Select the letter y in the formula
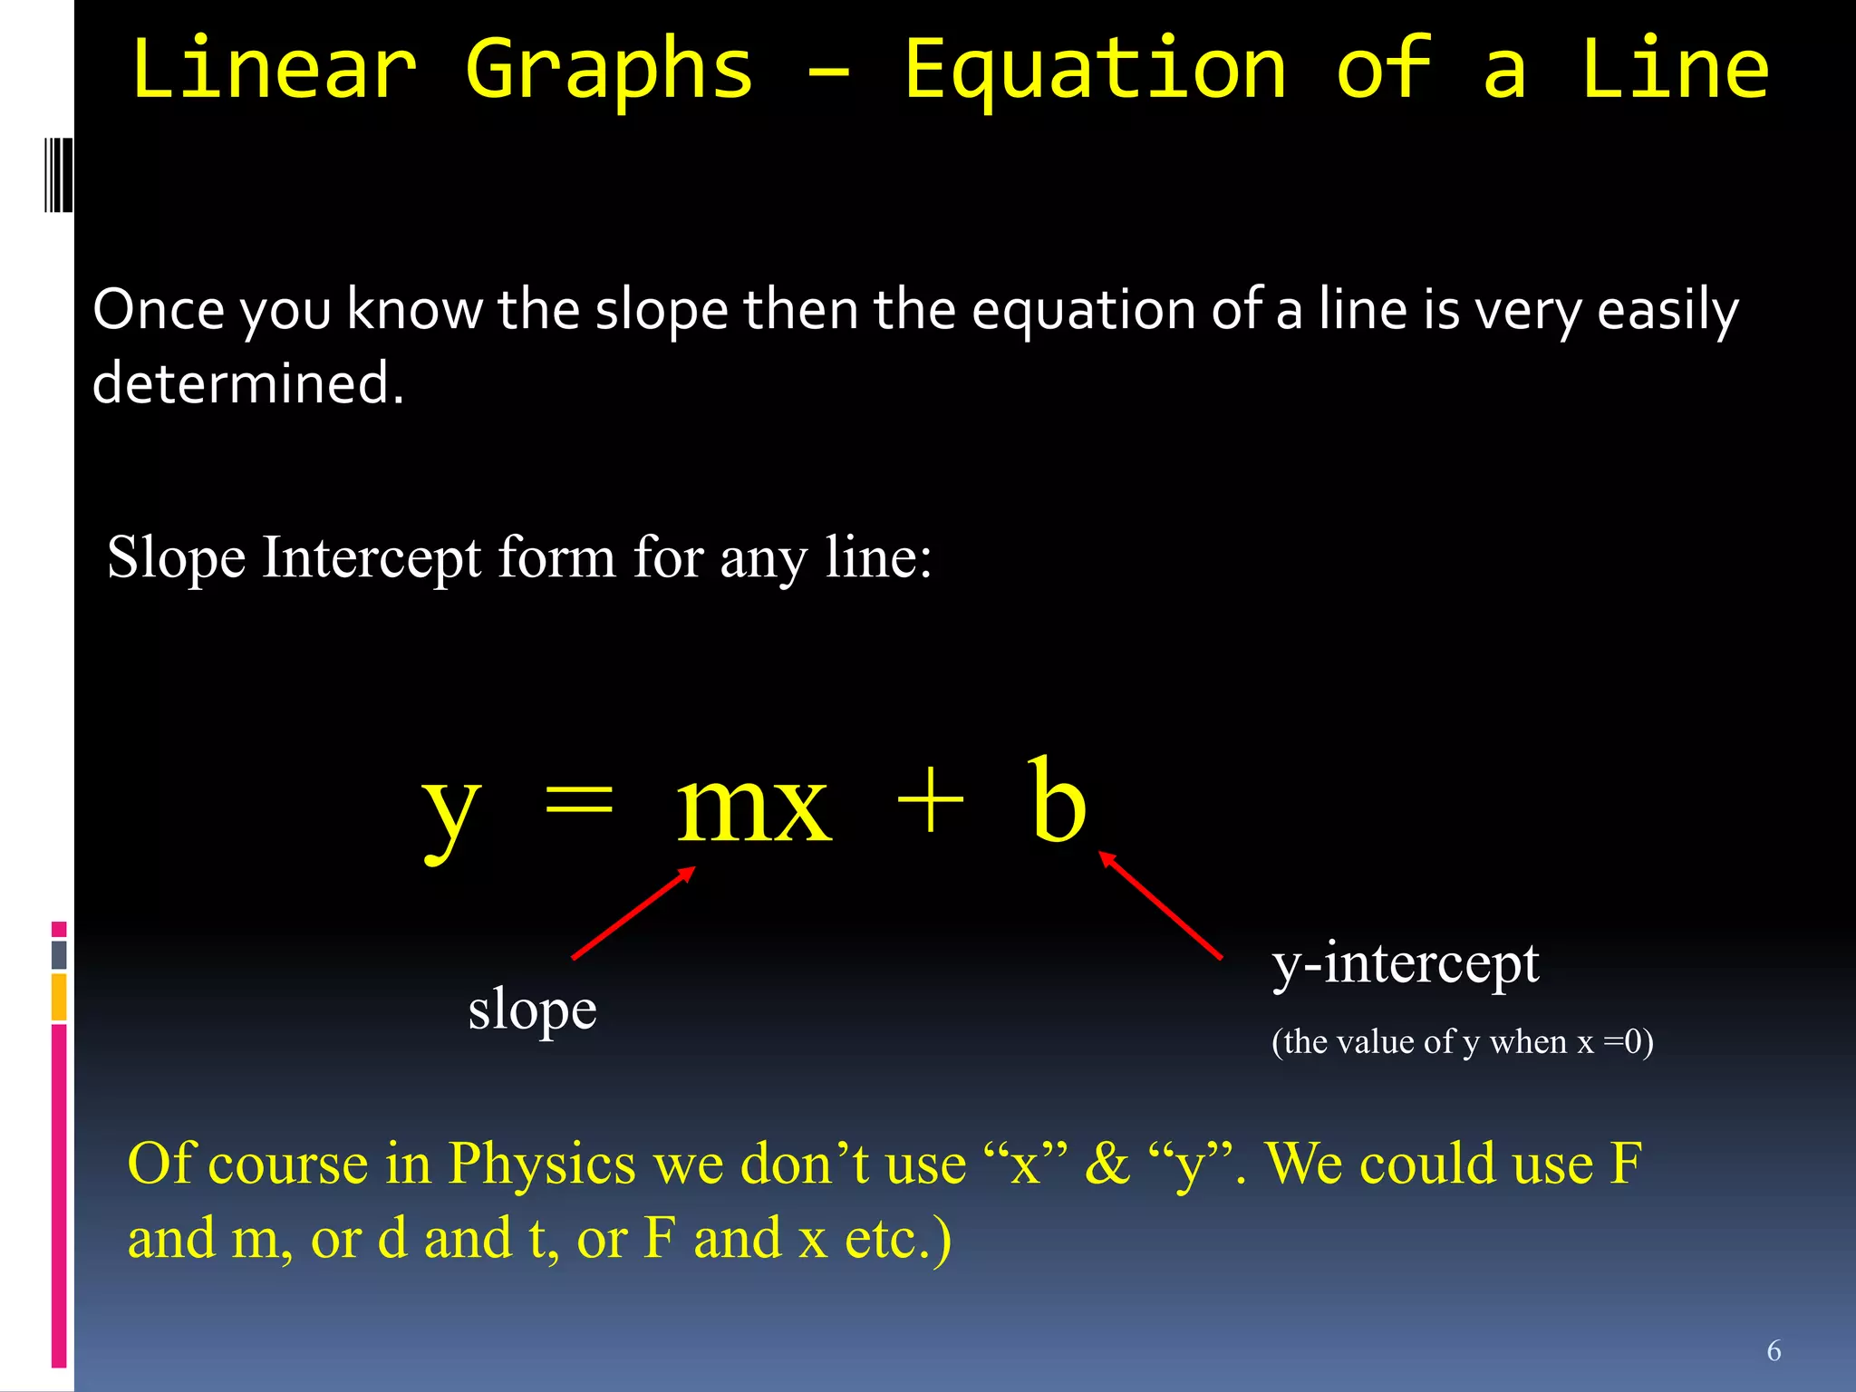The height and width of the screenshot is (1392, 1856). [x=450, y=808]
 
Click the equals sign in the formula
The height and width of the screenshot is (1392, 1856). [x=578, y=801]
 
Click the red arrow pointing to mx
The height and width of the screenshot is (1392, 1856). [x=633, y=913]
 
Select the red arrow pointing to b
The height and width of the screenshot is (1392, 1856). [x=1161, y=904]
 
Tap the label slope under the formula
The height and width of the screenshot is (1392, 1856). [x=532, y=1010]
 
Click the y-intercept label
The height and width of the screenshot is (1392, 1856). [x=1406, y=964]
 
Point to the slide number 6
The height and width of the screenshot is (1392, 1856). [x=1774, y=1351]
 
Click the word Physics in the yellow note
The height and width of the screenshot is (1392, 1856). [x=542, y=1164]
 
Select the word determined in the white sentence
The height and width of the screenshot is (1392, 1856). [x=247, y=383]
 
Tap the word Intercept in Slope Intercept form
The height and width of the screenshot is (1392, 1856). [x=372, y=557]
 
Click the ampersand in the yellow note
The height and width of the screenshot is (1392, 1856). [x=1107, y=1164]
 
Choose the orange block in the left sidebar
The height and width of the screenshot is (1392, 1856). [x=59, y=997]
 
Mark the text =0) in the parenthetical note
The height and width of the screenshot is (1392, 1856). [x=1629, y=1042]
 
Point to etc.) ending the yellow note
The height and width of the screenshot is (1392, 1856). [x=897, y=1239]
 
